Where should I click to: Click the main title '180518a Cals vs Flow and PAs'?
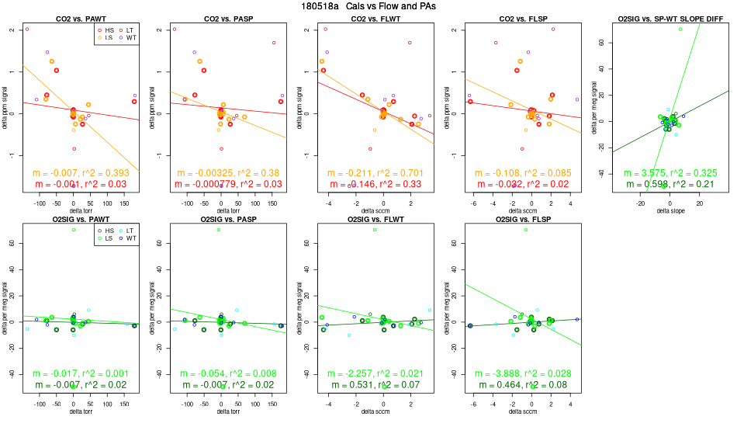[368, 6]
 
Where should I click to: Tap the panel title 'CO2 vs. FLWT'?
[368, 18]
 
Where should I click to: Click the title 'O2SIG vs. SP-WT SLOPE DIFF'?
[664, 18]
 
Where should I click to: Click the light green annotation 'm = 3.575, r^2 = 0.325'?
[664, 172]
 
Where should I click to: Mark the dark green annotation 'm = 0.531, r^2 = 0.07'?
[368, 386]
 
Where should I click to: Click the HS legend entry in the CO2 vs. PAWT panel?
[107, 29]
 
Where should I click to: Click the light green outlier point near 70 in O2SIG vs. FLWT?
[375, 230]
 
